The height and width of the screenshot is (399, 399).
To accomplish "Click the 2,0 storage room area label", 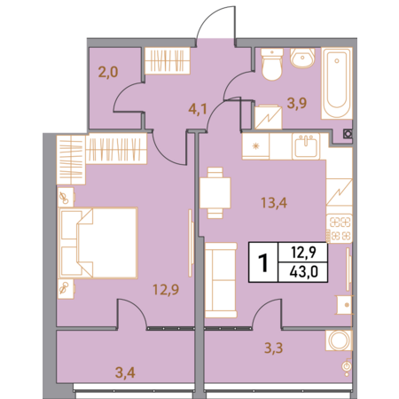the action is click(x=108, y=72).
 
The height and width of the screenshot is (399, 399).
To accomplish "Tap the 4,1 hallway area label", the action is click(x=198, y=109).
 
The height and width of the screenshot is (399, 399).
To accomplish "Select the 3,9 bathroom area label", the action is click(x=297, y=103).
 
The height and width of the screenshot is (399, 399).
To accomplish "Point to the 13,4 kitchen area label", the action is click(x=274, y=203).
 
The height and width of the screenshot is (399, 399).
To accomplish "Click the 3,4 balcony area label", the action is click(x=125, y=372).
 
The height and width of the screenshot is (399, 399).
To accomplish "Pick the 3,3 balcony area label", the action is click(x=273, y=348).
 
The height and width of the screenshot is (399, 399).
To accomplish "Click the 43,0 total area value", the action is click(x=304, y=271).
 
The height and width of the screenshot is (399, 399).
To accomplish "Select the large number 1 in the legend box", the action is click(x=263, y=262).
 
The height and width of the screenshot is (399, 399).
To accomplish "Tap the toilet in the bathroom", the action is click(x=272, y=64).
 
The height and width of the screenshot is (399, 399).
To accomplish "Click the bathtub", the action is click(x=337, y=83).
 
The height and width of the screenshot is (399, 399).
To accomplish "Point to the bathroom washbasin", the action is click(x=302, y=58).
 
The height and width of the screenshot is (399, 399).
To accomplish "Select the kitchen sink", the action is click(x=306, y=146).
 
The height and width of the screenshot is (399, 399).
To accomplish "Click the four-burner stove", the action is click(x=340, y=228).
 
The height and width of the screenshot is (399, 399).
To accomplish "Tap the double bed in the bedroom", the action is click(x=98, y=243).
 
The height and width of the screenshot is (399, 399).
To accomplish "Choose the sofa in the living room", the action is click(x=221, y=280).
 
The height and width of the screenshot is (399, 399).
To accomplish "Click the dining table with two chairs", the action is click(x=215, y=192).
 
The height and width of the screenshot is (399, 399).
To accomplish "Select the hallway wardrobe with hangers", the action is click(x=168, y=60).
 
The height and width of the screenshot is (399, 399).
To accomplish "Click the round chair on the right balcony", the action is click(x=339, y=340).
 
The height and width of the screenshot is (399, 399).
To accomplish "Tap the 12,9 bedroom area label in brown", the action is click(x=166, y=289).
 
